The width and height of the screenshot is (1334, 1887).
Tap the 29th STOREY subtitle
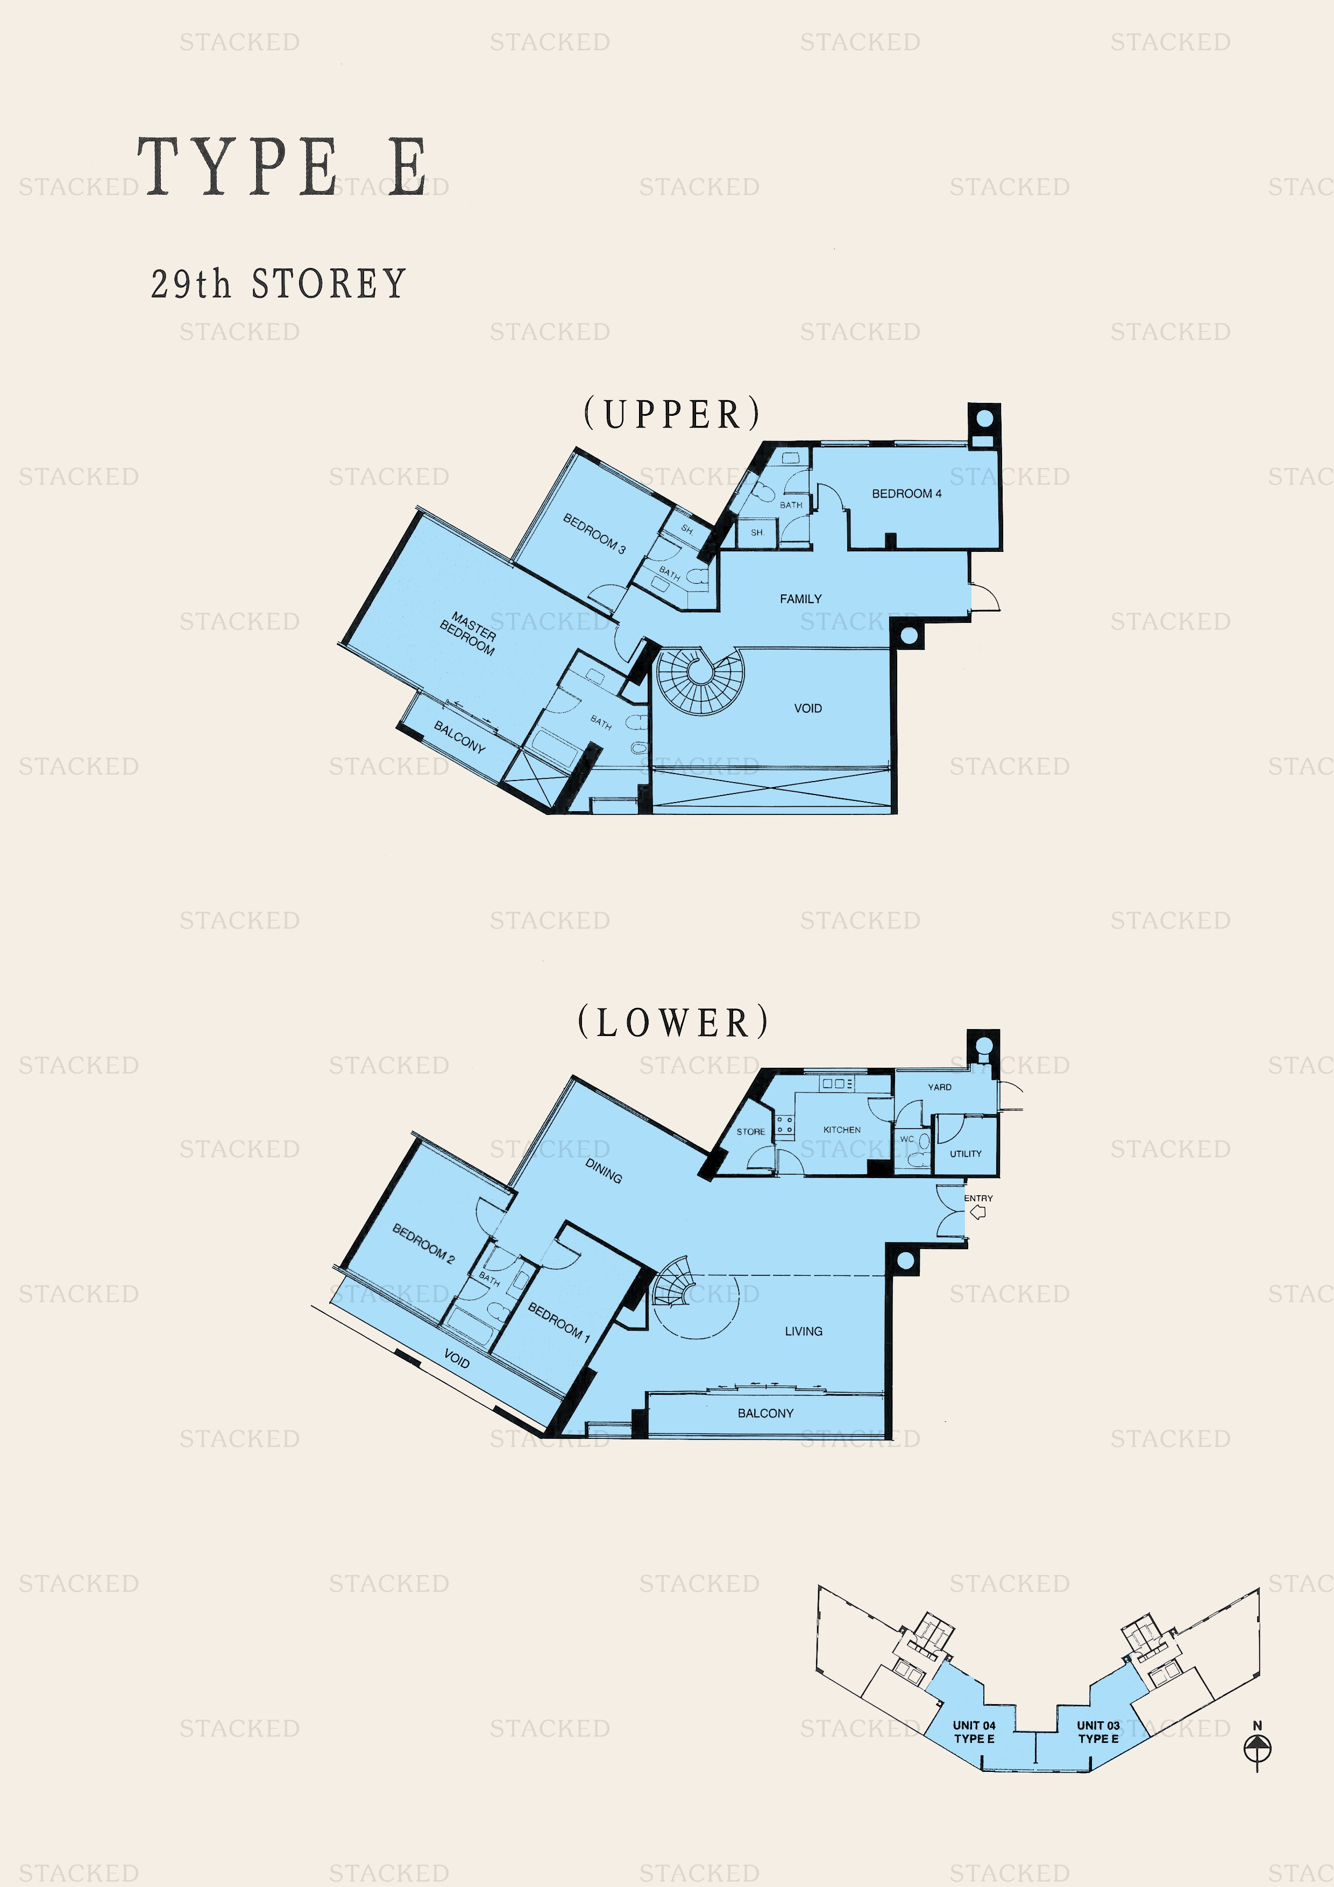coord(279,285)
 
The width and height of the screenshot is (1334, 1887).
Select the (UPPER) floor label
coord(672,414)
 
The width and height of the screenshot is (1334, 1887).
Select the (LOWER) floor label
coord(673,1023)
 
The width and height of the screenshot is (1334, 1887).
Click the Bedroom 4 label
coord(906,493)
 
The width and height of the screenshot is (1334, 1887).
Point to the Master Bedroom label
coord(469,633)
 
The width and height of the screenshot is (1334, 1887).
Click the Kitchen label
coord(842,1129)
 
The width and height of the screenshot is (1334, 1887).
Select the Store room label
coord(750,1132)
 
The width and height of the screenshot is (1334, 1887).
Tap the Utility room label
coord(966,1153)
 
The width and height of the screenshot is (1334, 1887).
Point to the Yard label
coord(940,1087)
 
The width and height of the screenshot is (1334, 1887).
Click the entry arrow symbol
coord(978,1212)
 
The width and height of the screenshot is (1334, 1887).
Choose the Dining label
coord(604,1170)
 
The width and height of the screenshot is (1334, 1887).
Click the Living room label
coord(803,1331)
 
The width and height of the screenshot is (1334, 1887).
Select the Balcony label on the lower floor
coord(765,1413)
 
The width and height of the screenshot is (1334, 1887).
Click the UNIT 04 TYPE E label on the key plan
coord(974,1732)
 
